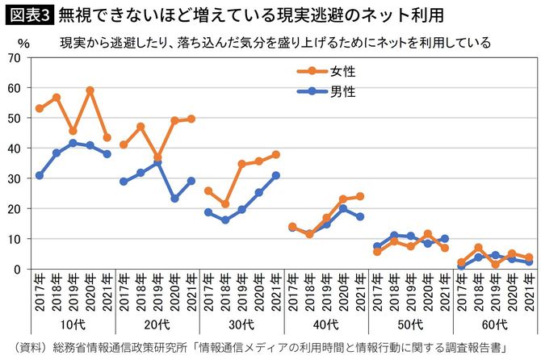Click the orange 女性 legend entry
(x=325, y=71)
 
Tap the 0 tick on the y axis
(x=19, y=270)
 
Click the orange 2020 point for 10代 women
(x=90, y=90)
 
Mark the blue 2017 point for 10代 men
(x=40, y=175)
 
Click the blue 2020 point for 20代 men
(x=174, y=199)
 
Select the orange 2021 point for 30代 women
(x=275, y=154)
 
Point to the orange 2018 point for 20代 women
(x=140, y=127)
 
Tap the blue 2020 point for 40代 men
(x=342, y=208)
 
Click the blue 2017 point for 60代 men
(x=461, y=267)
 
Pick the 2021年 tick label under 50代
(x=444, y=293)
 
